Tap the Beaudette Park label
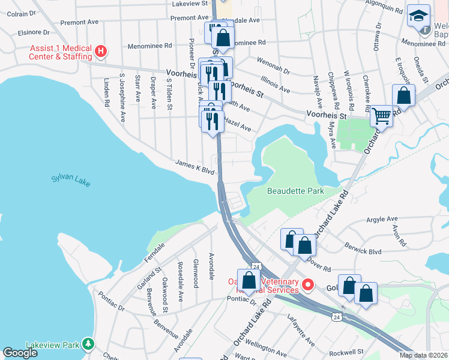295,191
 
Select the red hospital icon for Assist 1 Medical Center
101,52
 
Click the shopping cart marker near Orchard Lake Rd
381,116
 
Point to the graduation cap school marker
418,16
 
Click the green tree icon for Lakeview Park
89,344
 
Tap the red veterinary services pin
308,284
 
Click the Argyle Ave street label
382,219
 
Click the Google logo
20,353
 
